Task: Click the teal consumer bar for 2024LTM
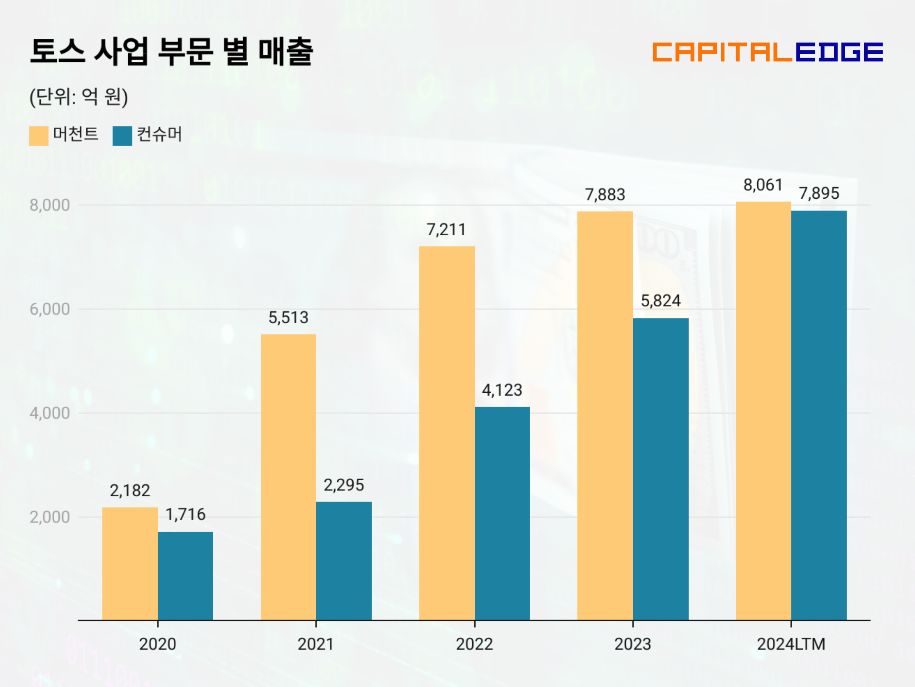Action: tap(819, 415)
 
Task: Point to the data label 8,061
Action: tap(763, 185)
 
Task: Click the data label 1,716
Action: tap(185, 514)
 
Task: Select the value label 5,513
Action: tap(288, 317)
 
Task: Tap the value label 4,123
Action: tap(502, 390)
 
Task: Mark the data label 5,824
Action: tap(661, 301)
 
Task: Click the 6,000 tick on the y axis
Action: tap(50, 309)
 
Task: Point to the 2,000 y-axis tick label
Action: tap(50, 517)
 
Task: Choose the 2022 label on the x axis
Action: tap(474, 644)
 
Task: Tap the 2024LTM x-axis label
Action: tap(791, 644)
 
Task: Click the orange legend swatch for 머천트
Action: tap(39, 136)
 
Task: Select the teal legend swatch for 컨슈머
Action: tap(122, 136)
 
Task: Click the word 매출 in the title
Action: tap(286, 51)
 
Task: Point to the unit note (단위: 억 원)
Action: tap(79, 97)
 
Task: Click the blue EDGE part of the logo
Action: tap(839, 52)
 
